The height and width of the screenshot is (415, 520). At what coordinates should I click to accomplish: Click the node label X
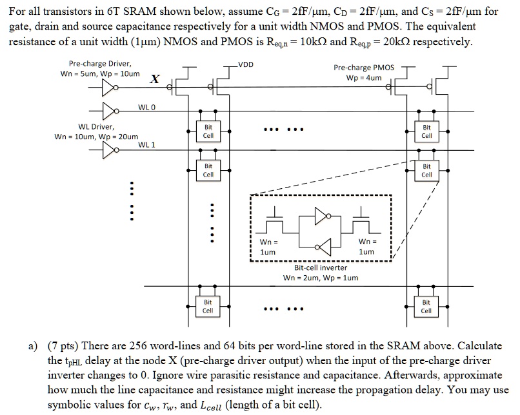(x=154, y=79)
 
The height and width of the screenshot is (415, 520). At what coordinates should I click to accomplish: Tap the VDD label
(x=246, y=64)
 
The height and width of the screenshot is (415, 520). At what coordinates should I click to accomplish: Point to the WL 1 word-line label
(x=146, y=145)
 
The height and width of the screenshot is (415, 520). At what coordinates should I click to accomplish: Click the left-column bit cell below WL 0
(x=208, y=132)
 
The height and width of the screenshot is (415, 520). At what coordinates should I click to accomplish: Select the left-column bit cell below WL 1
(x=208, y=171)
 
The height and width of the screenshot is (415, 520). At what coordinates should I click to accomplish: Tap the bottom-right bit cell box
(x=426, y=306)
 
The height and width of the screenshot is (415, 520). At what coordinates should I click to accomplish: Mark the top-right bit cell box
(x=426, y=132)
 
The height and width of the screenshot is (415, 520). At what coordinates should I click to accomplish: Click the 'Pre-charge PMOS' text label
(x=364, y=68)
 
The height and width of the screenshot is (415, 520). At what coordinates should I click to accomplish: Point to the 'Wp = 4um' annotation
(x=364, y=78)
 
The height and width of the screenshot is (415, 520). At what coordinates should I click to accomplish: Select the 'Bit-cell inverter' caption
(x=321, y=267)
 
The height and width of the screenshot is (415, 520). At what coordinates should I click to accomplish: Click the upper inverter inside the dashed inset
(x=321, y=216)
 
